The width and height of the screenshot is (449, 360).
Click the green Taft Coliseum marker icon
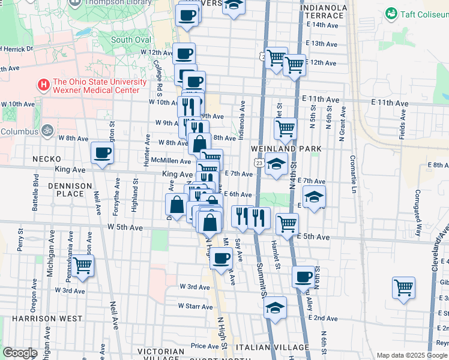tap(392, 13)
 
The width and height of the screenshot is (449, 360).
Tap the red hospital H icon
tap(43, 85)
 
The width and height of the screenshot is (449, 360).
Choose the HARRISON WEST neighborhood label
tap(39, 318)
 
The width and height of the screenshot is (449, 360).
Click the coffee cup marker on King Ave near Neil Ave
tap(102, 152)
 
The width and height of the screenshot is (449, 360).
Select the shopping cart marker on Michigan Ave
tap(82, 265)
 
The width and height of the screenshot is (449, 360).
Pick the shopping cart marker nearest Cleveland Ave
tap(403, 287)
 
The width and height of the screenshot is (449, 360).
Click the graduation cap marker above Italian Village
tap(276, 307)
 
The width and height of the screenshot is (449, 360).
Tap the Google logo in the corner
tap(20, 352)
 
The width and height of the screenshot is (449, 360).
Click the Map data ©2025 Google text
tap(412, 355)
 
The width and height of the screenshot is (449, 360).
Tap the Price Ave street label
tap(205, 346)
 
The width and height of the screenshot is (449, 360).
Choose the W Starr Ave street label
tap(195, 307)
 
